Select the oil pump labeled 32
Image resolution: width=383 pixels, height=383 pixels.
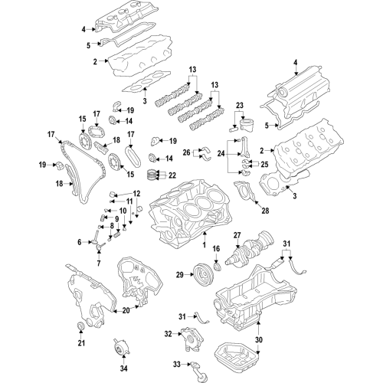tap(189, 335)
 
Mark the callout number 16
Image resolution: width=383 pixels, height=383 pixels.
tap(216, 249)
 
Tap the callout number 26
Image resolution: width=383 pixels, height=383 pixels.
tap(186, 153)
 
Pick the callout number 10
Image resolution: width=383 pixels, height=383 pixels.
tap(122, 211)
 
